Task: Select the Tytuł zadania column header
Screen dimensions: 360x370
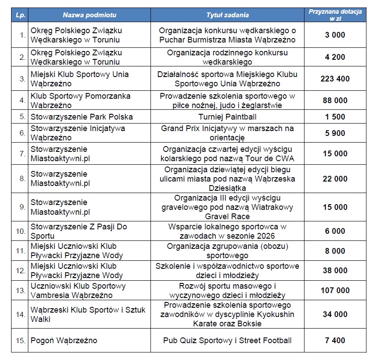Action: (228, 15)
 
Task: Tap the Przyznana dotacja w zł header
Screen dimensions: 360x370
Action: (335, 15)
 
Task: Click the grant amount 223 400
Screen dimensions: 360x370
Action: (335, 79)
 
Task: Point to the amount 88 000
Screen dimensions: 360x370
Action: (335, 101)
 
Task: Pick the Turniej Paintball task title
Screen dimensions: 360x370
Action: (228, 117)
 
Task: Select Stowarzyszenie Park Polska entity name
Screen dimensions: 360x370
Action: (82, 117)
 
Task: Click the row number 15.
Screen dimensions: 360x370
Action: (20, 341)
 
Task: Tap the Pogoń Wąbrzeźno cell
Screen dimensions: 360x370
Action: (64, 341)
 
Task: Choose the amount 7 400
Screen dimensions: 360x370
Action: (335, 341)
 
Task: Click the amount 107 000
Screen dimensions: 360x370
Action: (335, 290)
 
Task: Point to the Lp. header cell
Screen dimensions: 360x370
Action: (20, 15)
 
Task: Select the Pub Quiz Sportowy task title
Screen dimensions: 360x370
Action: (228, 341)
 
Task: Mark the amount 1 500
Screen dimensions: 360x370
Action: (335, 117)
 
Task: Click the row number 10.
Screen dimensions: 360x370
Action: (20, 231)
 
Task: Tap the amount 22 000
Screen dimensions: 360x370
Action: (335, 178)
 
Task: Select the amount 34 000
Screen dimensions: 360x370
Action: (335, 314)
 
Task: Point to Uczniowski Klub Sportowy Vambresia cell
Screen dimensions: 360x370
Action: (78, 290)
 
